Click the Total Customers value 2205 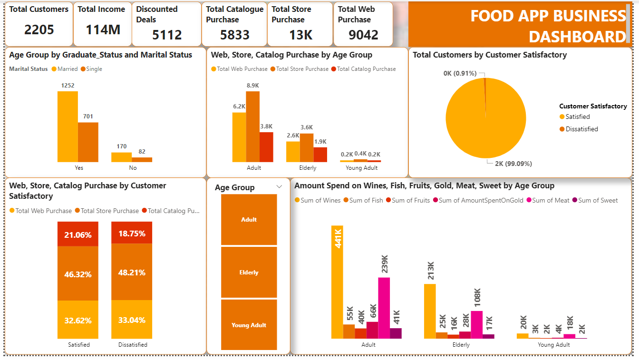(39, 30)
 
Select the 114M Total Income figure (103, 30)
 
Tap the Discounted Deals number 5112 (167, 35)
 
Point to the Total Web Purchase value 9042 (363, 35)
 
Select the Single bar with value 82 (142, 159)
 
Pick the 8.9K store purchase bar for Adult (253, 126)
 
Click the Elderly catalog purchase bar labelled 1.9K (320, 154)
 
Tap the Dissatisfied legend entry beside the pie (581, 129)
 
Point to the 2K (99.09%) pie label (513, 164)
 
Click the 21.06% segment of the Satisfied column (78, 235)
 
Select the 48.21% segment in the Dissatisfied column (132, 272)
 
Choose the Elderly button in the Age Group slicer (249, 272)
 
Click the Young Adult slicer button (249, 325)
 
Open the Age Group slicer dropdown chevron (279, 187)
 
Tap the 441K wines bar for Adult (337, 282)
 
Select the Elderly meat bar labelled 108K (477, 324)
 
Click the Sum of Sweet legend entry (598, 200)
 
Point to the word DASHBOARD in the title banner (577, 37)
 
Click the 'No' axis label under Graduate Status (133, 168)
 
